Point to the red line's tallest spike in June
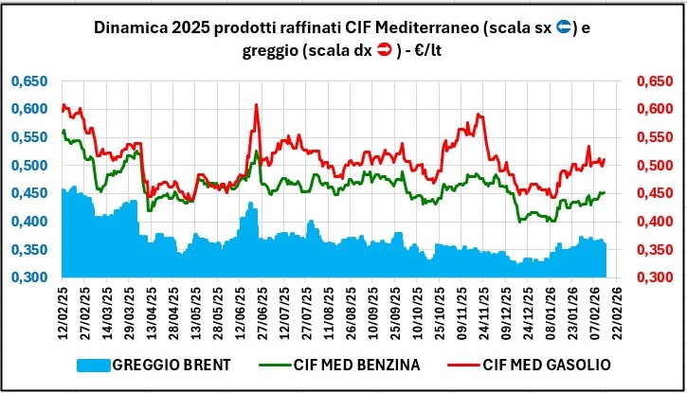[x=256, y=105]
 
